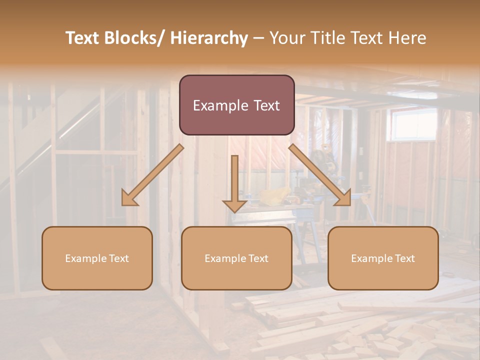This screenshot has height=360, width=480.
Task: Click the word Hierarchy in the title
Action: [209, 38]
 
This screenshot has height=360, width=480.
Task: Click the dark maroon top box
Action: [236, 105]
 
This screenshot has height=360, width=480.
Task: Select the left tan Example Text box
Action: [97, 258]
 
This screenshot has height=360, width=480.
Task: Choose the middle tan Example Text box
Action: [236, 258]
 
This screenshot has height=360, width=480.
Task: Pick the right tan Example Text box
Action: [383, 258]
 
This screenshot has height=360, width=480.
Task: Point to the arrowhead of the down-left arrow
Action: [129, 198]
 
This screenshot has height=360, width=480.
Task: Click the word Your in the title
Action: [287, 38]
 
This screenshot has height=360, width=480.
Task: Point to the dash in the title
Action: [258, 39]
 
